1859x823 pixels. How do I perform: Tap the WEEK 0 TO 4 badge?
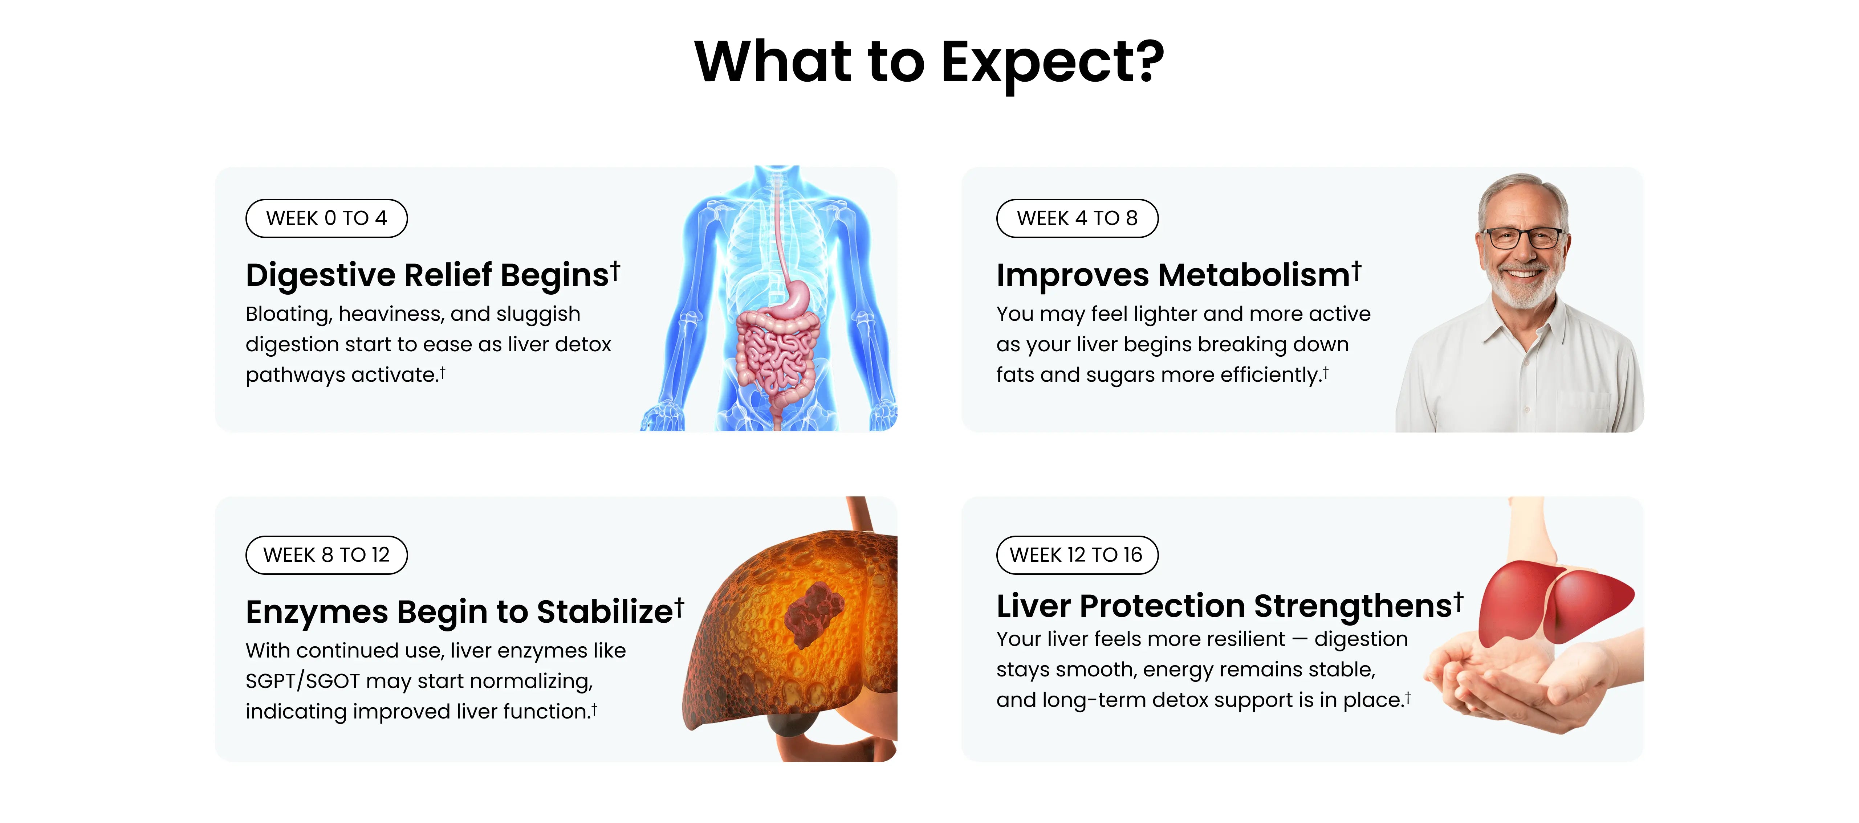pos(326,218)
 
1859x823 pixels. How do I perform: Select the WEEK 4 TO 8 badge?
pos(1077,218)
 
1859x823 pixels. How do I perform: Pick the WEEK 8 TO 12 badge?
pos(326,555)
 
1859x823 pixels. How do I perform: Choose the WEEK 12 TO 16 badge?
pos(1077,555)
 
